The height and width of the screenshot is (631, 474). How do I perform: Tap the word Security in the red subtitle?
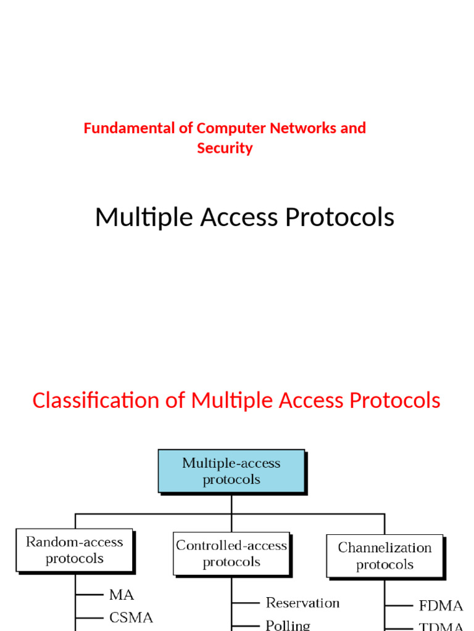point(225,149)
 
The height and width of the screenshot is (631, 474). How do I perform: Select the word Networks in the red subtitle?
point(302,128)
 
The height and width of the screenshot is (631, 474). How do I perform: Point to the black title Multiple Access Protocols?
point(244,218)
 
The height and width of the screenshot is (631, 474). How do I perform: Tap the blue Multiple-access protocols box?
point(231,471)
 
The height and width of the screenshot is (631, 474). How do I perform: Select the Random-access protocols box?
point(74,550)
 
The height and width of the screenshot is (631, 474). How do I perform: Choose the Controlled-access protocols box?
point(231,553)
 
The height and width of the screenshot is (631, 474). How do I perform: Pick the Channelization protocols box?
point(385,556)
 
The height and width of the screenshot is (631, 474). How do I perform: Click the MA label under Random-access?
point(122,595)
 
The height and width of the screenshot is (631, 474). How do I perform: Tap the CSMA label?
point(131,617)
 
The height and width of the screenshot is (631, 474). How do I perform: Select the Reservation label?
point(302,603)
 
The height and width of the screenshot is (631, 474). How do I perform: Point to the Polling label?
point(288,625)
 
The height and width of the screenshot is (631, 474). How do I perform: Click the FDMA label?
point(441,606)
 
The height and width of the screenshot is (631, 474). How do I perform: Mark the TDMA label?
point(441,627)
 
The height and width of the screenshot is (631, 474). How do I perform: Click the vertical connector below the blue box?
point(231,503)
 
